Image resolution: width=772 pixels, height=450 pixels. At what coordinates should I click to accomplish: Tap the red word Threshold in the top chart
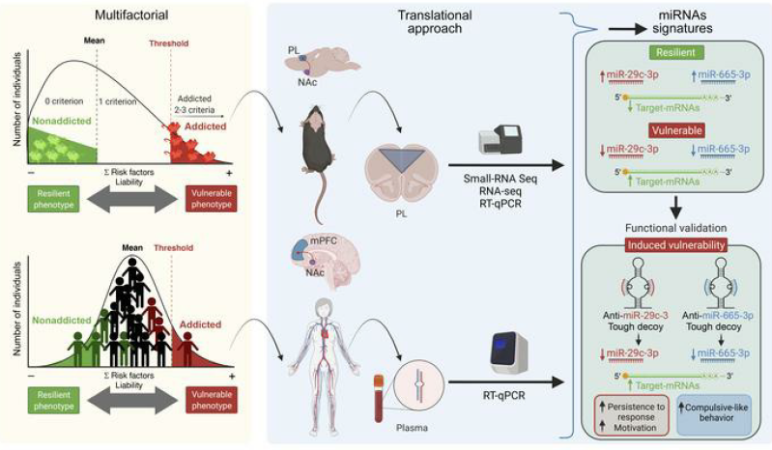click(x=169, y=43)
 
